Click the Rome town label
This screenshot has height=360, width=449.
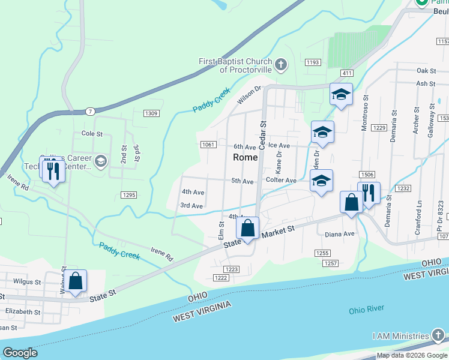pos(245,157)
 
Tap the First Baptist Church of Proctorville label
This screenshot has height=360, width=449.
pos(236,65)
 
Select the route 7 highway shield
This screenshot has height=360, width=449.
pos(89,112)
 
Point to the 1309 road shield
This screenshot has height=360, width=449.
pos(151,113)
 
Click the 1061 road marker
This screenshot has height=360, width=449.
pos(208,145)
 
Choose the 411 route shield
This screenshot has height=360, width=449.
pos(346,73)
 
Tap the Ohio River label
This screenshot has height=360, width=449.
pos(366,310)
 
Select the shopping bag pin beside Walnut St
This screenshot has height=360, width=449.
pos(76,281)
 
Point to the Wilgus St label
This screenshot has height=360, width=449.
pos(26,281)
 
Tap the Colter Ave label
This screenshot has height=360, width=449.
pos(281,180)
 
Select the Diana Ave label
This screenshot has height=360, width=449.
pos(340,234)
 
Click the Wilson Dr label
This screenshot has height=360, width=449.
pos(250,95)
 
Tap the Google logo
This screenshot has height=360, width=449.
pos(20,353)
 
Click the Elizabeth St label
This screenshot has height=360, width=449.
pos(23,312)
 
